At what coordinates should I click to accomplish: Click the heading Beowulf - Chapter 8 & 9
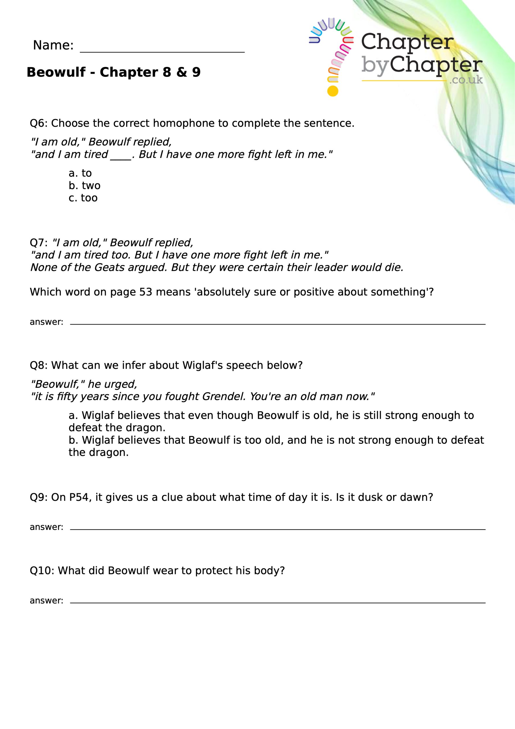pos(113,72)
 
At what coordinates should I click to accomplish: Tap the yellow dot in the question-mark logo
pos(333,91)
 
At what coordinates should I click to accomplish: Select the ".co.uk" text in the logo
pos(466,80)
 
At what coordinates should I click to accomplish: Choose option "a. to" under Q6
pos(80,173)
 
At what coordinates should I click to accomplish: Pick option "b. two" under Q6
pos(85,186)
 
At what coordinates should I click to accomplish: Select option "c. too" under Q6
pos(83,198)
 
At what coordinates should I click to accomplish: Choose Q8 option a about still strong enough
pos(271,422)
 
